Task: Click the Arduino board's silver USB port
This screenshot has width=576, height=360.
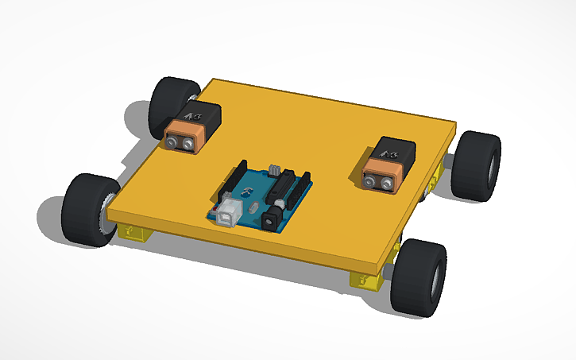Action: click(229, 214)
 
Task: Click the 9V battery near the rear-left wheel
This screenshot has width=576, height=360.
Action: click(191, 127)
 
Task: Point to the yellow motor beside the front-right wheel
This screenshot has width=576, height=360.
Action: click(367, 281)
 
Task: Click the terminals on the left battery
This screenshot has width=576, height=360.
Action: click(180, 141)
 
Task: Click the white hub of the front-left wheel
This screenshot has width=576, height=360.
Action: click(103, 218)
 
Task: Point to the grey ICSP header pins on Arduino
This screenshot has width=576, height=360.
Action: click(274, 170)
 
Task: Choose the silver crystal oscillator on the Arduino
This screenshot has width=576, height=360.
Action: click(252, 206)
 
